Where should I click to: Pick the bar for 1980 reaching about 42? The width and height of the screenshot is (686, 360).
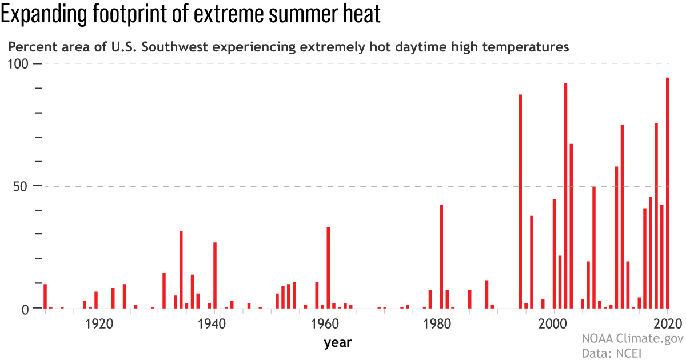coord(441,257)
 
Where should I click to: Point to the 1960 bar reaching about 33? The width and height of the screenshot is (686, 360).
coord(328,268)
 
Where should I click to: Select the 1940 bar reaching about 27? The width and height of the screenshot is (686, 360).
coord(215,275)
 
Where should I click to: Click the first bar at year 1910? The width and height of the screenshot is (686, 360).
coord(45,296)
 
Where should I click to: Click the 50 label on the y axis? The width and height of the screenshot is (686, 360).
coord(21,186)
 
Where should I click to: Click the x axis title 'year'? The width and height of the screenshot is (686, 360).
coord(337,343)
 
